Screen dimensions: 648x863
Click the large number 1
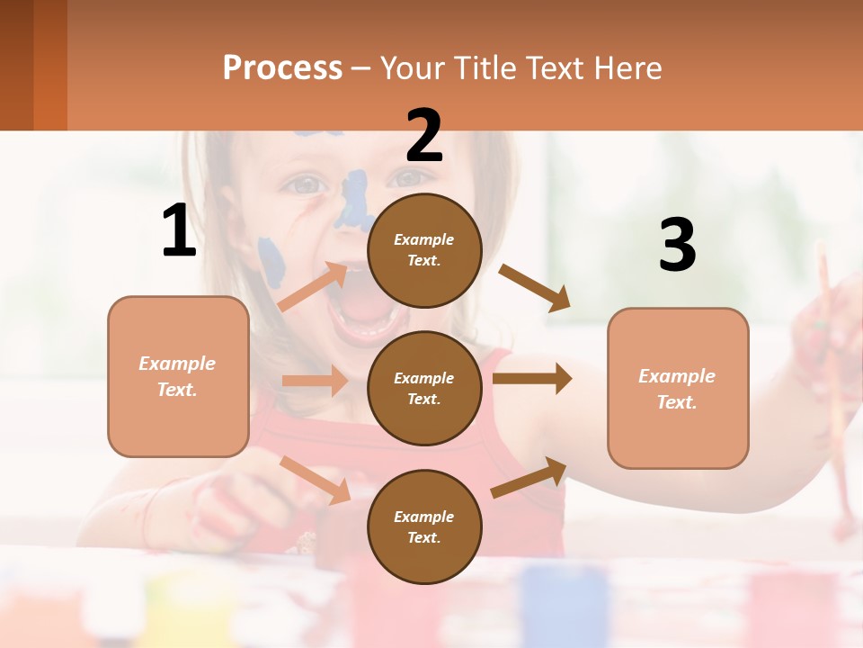[179, 231]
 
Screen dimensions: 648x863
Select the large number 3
[677, 246]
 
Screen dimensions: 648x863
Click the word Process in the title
[282, 67]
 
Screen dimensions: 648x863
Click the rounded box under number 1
[178, 376]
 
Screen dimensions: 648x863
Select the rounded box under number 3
[678, 388]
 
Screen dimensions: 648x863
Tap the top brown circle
[424, 250]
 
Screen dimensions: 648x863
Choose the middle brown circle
[424, 388]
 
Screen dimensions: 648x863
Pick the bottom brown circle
[424, 526]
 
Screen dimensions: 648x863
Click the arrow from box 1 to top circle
[313, 286]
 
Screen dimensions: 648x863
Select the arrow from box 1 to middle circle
[314, 381]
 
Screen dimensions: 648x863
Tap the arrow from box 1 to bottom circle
[315, 480]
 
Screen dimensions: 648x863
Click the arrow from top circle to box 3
[534, 288]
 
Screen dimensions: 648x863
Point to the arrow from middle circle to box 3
[531, 379]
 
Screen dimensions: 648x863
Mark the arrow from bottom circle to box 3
[529, 477]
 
